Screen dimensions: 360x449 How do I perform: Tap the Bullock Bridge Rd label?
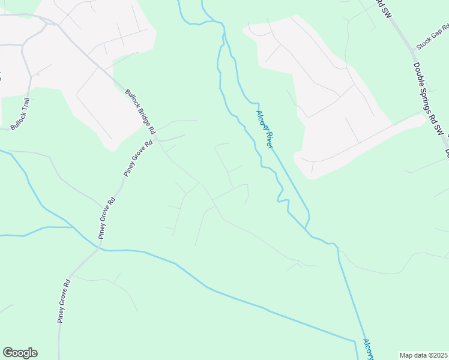[x=140, y=112]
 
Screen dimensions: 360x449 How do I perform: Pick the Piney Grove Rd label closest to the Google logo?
[x=65, y=301]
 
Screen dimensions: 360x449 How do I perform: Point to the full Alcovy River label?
[x=265, y=129]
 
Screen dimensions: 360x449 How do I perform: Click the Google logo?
[x=20, y=353]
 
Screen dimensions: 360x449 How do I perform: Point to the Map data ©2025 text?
[x=423, y=355]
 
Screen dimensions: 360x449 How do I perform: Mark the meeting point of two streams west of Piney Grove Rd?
[x=73, y=227]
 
